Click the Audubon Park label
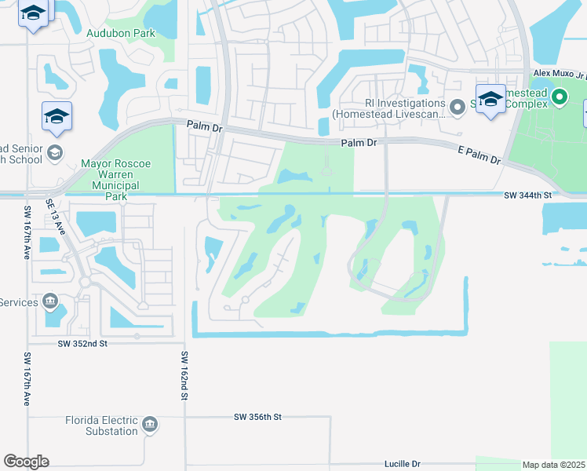tap(121, 34)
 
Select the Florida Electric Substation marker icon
tap(150, 425)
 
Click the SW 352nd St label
tap(82, 343)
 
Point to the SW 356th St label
tap(257, 417)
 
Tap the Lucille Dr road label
tap(403, 464)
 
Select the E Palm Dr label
tap(479, 153)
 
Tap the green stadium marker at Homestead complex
tap(559, 98)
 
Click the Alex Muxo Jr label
tap(560, 73)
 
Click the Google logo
tap(26, 462)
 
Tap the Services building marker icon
tap(49, 301)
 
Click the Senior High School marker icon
tap(54, 152)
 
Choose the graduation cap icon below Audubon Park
tap(57, 117)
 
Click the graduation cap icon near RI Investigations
tap(490, 99)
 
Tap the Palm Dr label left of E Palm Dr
tap(360, 143)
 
